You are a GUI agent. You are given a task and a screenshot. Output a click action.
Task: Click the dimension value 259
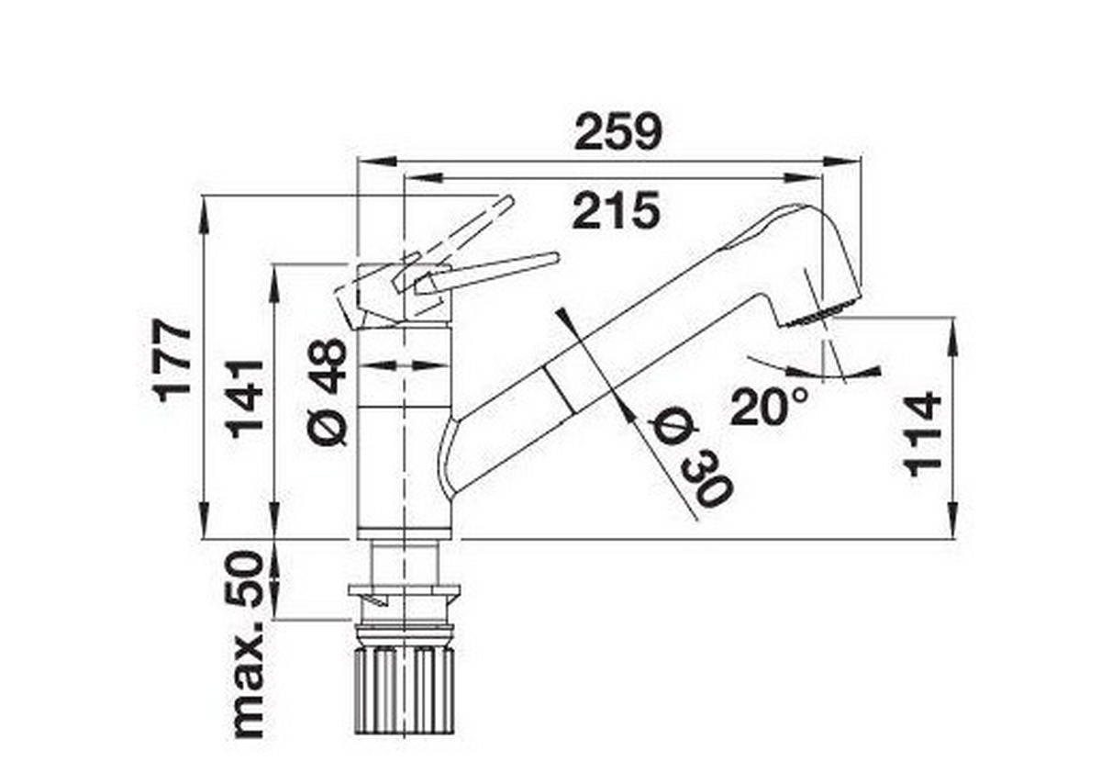point(618,132)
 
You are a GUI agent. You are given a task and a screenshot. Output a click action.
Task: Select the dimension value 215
point(616,210)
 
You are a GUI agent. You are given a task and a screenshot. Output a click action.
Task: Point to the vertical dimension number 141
point(245,399)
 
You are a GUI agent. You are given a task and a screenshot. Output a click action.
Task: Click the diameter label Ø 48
point(328,392)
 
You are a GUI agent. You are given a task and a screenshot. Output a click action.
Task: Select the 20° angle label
point(769,407)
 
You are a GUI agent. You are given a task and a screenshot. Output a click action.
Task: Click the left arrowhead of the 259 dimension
point(377,162)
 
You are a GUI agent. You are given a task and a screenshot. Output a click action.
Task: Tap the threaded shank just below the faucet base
point(404,562)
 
